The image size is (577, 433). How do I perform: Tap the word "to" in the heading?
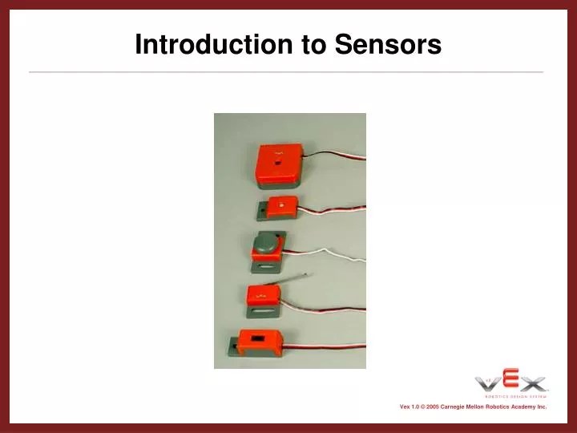[315, 44]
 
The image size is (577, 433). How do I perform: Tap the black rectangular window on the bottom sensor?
[256, 340]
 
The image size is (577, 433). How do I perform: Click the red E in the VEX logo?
[510, 381]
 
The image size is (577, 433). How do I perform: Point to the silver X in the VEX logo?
[533, 383]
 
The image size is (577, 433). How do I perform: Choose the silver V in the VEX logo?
[490, 383]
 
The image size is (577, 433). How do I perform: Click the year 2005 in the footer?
[432, 407]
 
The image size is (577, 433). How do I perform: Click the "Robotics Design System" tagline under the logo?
[514, 396]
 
